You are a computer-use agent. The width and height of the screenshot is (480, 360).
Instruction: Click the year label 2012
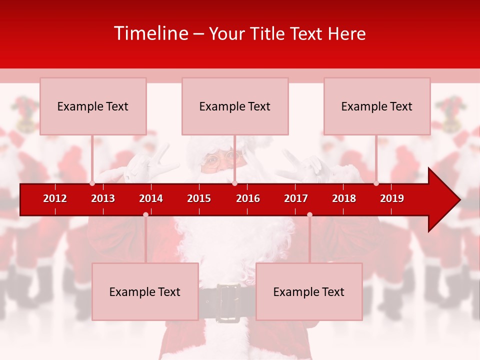tap(55, 198)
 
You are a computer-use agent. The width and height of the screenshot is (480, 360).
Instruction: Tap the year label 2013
tap(103, 198)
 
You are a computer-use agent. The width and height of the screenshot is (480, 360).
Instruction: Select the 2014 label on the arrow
tap(151, 198)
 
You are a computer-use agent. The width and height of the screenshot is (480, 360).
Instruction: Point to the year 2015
tap(199, 198)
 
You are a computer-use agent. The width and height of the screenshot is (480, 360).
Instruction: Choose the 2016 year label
tap(248, 198)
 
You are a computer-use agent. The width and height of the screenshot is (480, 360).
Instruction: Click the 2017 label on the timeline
tap(296, 198)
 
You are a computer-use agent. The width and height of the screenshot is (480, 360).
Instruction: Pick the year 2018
tap(344, 198)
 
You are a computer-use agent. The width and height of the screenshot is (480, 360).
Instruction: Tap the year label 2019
tap(392, 198)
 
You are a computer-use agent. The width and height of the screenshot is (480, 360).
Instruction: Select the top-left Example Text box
tap(93, 106)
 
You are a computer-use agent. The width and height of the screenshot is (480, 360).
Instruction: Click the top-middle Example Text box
tap(235, 106)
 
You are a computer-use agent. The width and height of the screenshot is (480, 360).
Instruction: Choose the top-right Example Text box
tap(377, 106)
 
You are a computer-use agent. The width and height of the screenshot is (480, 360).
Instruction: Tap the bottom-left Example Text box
tap(145, 291)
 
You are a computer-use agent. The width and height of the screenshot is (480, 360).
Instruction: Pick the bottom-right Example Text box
tap(309, 291)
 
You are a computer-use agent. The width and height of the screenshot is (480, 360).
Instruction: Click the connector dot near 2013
tap(92, 183)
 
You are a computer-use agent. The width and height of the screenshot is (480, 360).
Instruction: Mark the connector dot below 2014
tap(145, 214)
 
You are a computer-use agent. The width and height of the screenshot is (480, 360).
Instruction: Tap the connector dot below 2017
tap(309, 214)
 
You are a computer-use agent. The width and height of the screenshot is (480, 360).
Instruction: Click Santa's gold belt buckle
tap(228, 302)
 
